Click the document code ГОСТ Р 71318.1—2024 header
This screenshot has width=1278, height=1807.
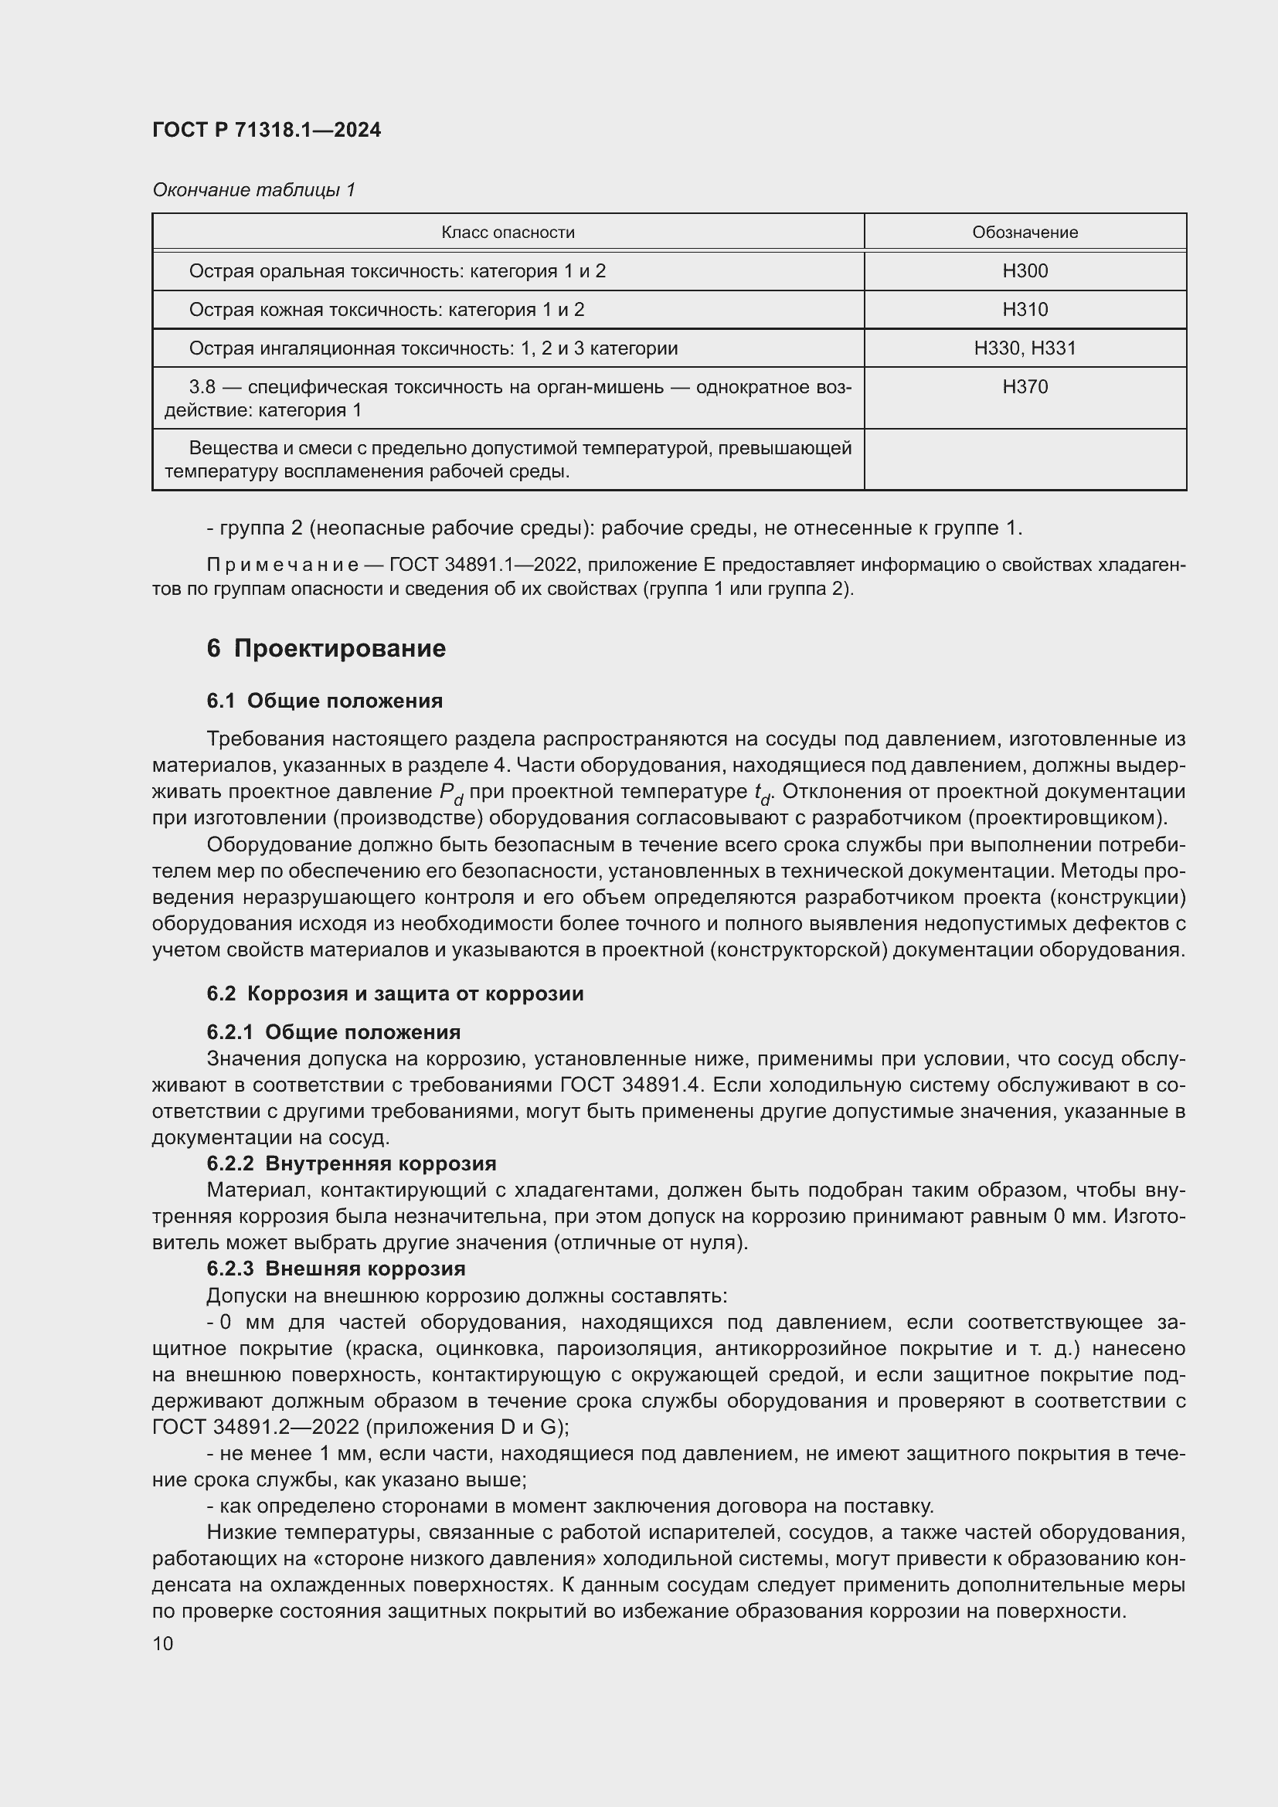[266, 130]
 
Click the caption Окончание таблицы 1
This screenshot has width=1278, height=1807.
[253, 190]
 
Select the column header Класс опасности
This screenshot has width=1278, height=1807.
[508, 233]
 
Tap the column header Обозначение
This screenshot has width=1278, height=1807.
[1025, 233]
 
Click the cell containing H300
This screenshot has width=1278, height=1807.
[1025, 270]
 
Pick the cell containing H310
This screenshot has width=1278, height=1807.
[1025, 309]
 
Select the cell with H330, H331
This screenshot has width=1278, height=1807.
[1025, 348]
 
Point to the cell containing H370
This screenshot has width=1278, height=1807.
[1025, 386]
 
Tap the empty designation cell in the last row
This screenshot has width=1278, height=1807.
[1025, 459]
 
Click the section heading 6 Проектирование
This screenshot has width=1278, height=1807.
[326, 648]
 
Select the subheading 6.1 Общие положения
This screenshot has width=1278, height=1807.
[325, 701]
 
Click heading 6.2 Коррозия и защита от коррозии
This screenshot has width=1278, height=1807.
[395, 994]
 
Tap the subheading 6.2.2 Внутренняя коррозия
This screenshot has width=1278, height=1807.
[351, 1163]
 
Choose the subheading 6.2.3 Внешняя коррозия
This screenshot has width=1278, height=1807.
[336, 1269]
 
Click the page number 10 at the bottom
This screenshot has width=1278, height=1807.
[163, 1643]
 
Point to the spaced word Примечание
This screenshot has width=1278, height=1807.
[283, 565]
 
